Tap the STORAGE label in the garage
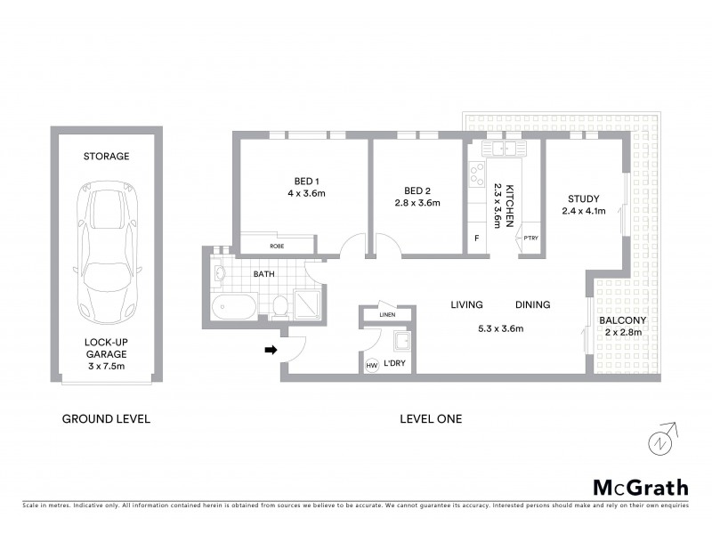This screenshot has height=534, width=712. (107, 156)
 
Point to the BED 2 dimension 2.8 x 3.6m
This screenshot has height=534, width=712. (417, 203)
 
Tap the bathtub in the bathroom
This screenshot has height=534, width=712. (232, 309)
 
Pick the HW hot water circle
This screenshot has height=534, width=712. (372, 365)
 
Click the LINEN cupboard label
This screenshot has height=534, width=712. (386, 315)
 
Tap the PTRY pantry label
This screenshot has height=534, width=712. (530, 238)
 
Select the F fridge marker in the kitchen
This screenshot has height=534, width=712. (476, 239)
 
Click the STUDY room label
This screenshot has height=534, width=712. (583, 198)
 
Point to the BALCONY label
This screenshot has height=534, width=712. (622, 320)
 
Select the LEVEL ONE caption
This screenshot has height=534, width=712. (431, 418)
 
